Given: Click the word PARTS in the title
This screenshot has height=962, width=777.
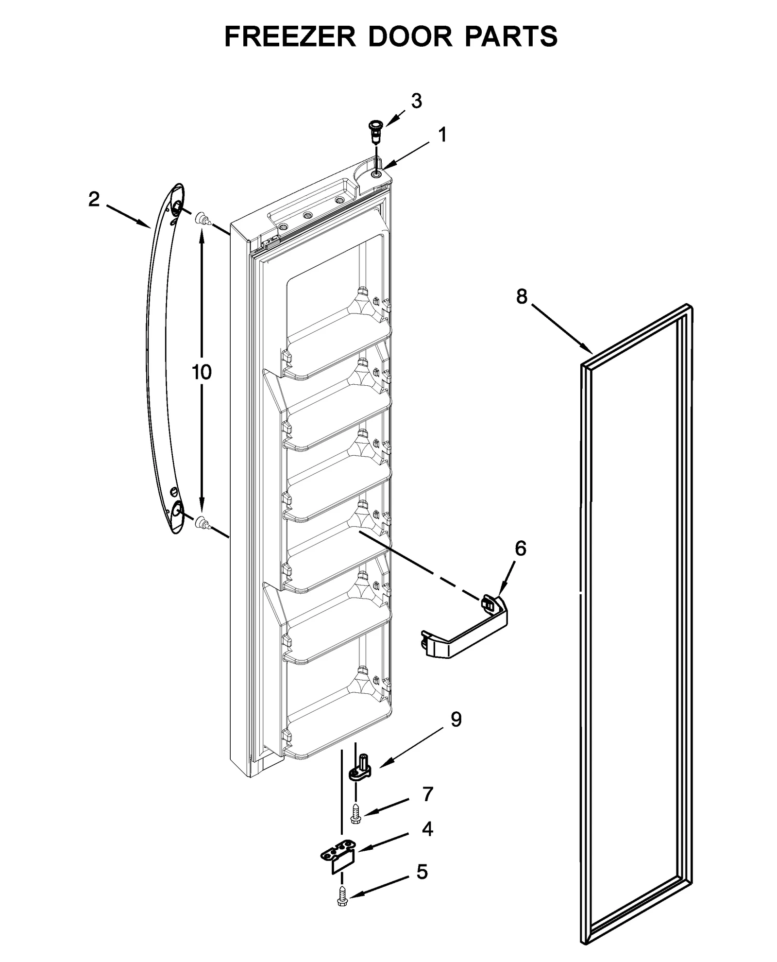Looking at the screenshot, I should (510, 36).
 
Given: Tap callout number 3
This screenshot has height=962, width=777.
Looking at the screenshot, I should (416, 101).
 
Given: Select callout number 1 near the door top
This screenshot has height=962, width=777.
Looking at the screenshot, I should (442, 135).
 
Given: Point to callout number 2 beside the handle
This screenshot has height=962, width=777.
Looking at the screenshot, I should (94, 199).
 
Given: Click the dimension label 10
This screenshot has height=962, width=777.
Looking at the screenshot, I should (202, 372).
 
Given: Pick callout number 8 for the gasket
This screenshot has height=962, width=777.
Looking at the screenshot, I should (522, 296).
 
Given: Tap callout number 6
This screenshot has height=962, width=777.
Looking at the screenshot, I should (520, 549).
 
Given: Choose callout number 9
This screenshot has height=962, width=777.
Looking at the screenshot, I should (456, 720).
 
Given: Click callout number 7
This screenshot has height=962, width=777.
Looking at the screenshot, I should (427, 794).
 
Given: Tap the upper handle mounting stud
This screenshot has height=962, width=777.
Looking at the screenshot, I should (203, 220).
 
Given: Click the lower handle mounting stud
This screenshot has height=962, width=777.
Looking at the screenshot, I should (203, 523).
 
